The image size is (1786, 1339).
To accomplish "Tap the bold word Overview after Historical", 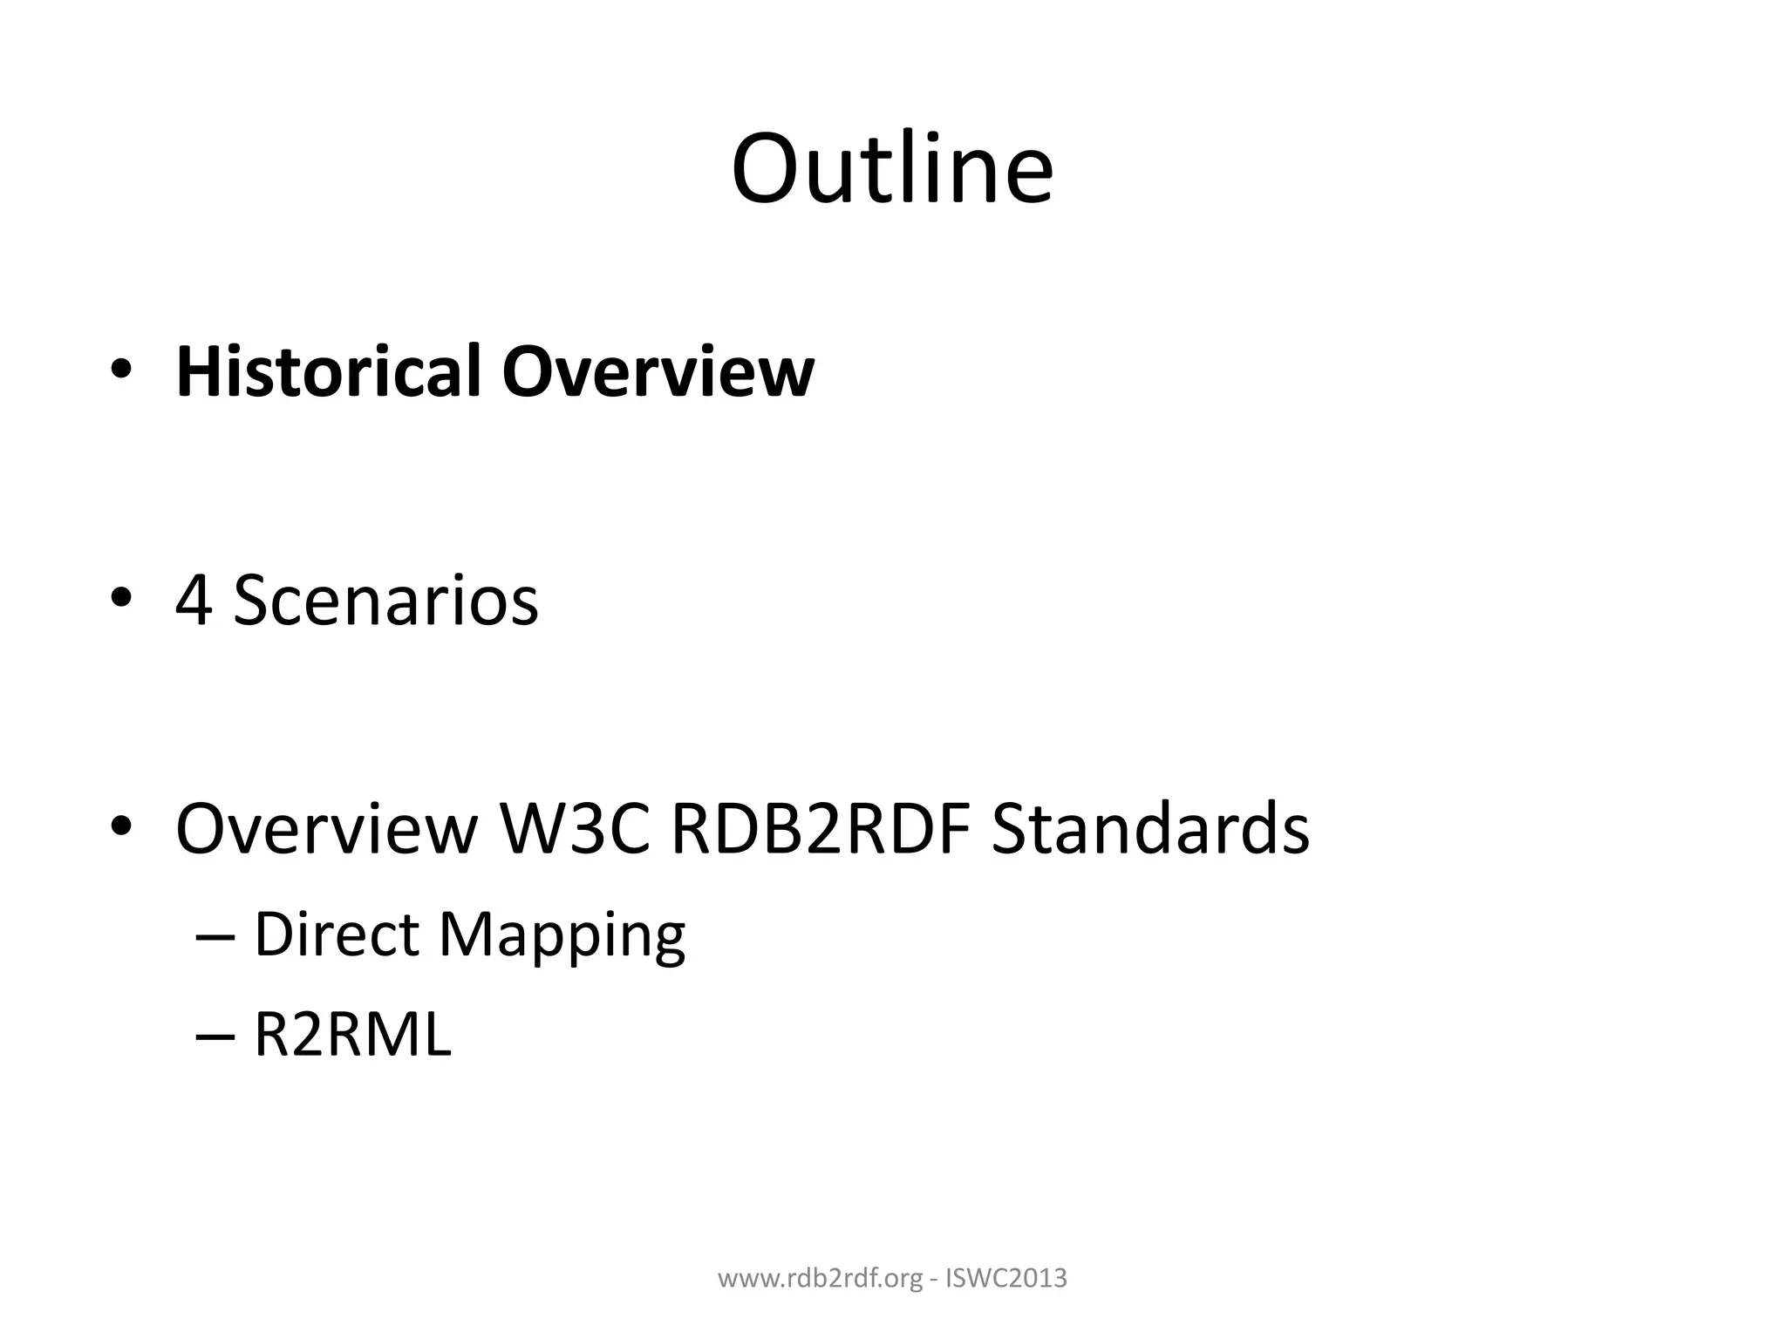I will tap(658, 371).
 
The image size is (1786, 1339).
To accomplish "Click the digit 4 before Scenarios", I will tap(194, 601).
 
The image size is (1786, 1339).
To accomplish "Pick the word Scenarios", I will tap(385, 601).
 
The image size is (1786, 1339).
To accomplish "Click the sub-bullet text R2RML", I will tap(352, 1036).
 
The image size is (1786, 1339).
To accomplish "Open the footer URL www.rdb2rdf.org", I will tap(820, 1279).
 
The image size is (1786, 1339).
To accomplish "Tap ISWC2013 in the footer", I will tap(1006, 1279).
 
